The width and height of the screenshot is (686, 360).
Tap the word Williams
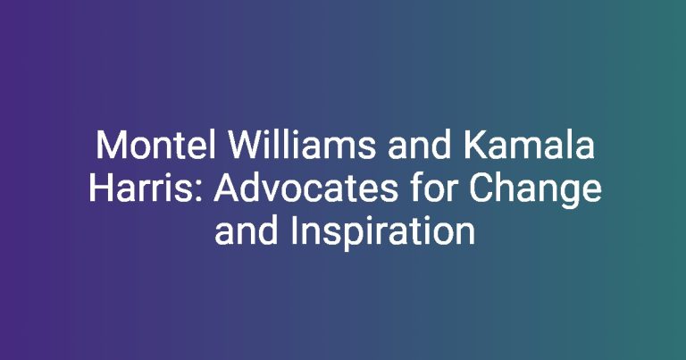[301, 146]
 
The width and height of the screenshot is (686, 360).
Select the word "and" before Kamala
[419, 146]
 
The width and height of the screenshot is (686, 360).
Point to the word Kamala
[529, 146]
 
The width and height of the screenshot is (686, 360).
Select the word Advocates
[305, 188]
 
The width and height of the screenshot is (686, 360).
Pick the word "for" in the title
[433, 188]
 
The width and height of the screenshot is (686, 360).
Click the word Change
[536, 190]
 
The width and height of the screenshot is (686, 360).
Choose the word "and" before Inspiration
[246, 230]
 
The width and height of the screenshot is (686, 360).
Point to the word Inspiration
[383, 232]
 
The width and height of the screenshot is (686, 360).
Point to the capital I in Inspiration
[293, 230]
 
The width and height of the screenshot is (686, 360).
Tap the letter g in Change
[570, 196]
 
